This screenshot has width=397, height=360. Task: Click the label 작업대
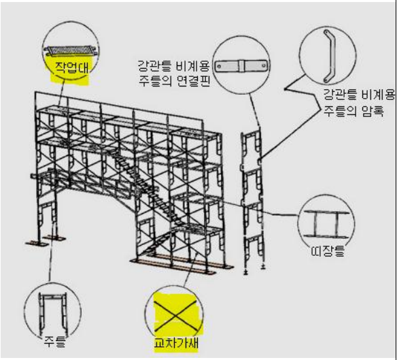point(71,67)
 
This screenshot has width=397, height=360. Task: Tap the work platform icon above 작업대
point(71,50)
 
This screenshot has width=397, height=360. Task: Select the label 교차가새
point(176,343)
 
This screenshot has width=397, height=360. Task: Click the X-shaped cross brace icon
point(175,316)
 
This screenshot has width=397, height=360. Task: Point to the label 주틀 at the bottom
point(54,341)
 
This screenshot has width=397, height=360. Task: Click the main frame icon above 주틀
point(53,314)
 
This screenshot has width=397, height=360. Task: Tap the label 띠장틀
point(328,251)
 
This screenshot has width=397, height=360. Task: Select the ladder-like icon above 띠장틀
point(326,224)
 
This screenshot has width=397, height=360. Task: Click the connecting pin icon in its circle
point(241,67)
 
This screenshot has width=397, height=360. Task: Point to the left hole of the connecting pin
point(220,67)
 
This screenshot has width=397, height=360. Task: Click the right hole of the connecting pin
point(263,65)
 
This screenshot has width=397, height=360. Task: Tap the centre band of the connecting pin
point(241,67)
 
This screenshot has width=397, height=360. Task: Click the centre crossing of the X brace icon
point(175,316)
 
